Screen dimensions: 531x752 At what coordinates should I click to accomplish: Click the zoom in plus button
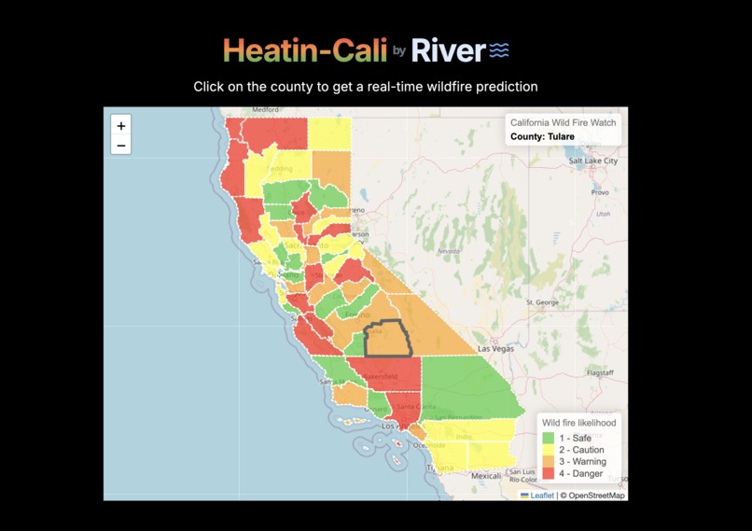pos(121,126)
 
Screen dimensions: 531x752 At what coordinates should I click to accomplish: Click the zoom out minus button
pos(121,146)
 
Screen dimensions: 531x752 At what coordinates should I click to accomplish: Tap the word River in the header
pos(448,49)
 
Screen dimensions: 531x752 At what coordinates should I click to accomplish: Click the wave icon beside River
pos(500,49)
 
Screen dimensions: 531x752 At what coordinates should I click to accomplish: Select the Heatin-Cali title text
pos(305,49)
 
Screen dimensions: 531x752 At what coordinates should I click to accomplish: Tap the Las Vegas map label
pos(495,349)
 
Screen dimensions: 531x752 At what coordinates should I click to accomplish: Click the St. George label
pos(542,302)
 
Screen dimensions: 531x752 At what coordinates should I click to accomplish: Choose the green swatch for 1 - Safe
pos(549,438)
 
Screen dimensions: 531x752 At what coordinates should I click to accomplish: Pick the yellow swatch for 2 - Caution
pos(549,450)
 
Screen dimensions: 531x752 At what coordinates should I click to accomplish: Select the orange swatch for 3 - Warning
pos(549,462)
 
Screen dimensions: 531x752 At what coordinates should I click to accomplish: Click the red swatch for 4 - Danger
pos(549,474)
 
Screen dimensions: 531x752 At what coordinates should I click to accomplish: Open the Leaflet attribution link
pos(541,496)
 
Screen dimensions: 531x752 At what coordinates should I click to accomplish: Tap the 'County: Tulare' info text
pos(542,137)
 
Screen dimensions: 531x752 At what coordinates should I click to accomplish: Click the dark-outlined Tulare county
pos(387,340)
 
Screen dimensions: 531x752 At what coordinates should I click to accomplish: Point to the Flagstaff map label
pos(599,372)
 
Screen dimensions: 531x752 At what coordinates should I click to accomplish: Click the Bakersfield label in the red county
pos(380,377)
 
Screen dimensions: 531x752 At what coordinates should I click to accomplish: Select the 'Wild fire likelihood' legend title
pos(579,423)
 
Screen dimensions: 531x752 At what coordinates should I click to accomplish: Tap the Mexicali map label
pos(486,475)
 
